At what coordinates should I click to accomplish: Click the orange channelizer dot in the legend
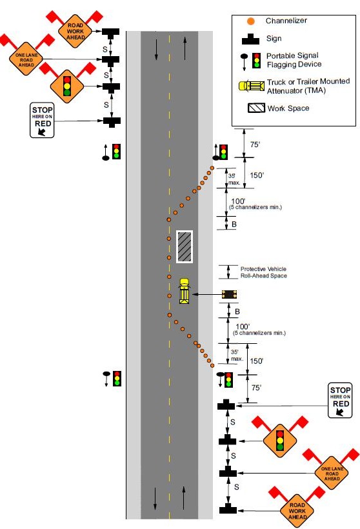[x=250, y=21]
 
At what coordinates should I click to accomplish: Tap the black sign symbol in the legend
[x=250, y=39]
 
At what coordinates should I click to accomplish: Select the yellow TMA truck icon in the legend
[x=252, y=86]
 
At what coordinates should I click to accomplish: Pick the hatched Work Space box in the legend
[x=256, y=108]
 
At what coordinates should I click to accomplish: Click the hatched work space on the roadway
[x=185, y=246]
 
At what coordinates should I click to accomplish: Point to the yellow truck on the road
[x=185, y=291]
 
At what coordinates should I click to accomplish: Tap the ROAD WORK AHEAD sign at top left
[x=75, y=31]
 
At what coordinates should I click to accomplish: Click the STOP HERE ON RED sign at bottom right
[x=340, y=400]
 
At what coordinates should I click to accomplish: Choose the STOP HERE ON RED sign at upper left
[x=42, y=120]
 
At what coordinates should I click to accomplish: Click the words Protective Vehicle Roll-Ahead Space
[x=263, y=272]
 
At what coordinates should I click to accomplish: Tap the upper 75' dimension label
[x=255, y=145]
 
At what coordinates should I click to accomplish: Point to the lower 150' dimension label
[x=256, y=361]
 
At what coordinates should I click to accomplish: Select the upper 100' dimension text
[x=238, y=201]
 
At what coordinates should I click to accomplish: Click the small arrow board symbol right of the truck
[x=229, y=295]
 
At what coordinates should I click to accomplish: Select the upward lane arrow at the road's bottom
[x=184, y=498]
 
